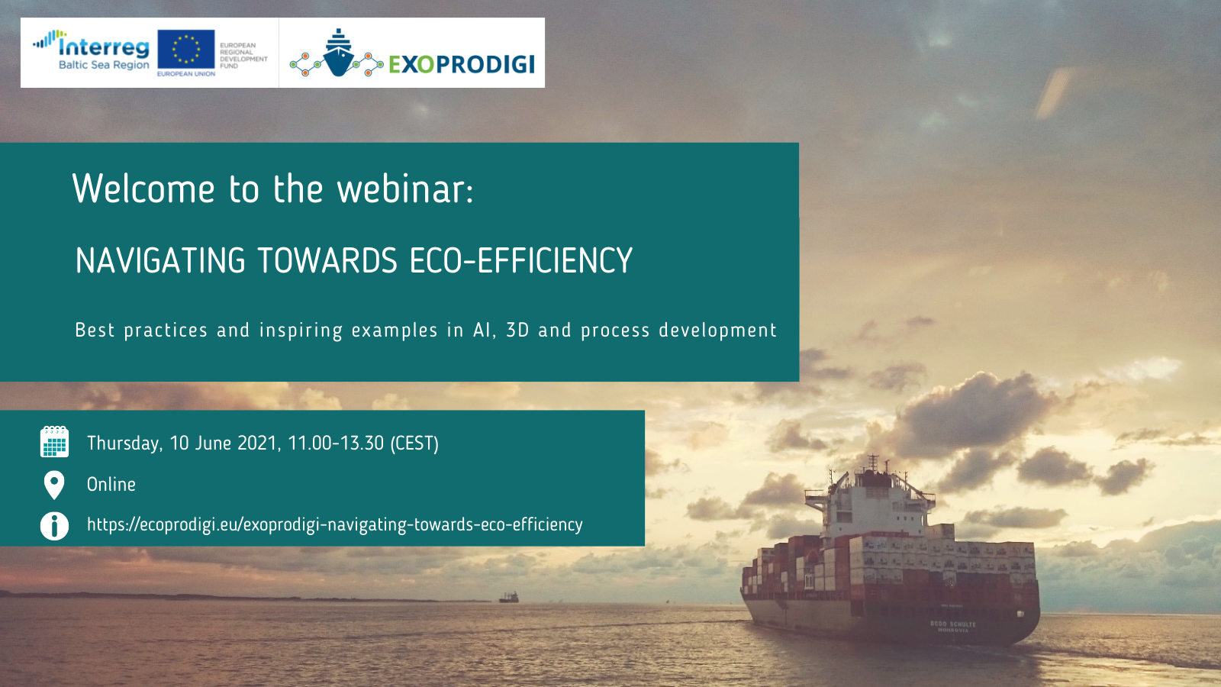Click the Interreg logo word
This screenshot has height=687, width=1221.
click(x=104, y=47)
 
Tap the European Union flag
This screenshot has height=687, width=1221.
click(x=186, y=49)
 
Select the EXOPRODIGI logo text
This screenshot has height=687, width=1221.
click(x=462, y=64)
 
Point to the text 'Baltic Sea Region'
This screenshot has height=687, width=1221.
click(x=104, y=65)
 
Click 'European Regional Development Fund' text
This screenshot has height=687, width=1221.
click(x=243, y=56)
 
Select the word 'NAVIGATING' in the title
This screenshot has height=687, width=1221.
click(x=160, y=260)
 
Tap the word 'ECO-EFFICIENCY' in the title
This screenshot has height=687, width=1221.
click(x=521, y=260)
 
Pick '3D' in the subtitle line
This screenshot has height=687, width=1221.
click(x=518, y=330)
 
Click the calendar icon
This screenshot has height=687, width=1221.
click(x=54, y=442)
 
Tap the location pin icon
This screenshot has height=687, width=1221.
click(x=54, y=485)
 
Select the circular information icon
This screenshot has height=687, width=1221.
click(x=54, y=526)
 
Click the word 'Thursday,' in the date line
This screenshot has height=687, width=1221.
click(x=125, y=443)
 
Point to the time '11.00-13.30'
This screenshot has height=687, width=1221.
click(x=336, y=443)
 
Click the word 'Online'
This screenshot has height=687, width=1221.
click(x=111, y=484)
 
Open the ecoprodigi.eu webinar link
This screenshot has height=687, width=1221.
click(x=335, y=524)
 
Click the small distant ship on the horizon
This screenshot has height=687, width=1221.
click(x=508, y=598)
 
